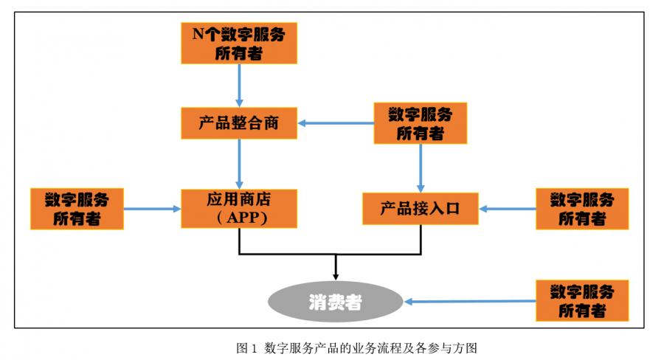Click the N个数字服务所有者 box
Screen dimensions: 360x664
tap(239, 43)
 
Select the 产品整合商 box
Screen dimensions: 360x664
tap(239, 123)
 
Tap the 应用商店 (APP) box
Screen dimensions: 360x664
tap(239, 208)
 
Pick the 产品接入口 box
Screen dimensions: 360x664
tap(421, 208)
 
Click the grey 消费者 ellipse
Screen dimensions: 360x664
tap(336, 301)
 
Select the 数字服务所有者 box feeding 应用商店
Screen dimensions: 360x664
tap(77, 208)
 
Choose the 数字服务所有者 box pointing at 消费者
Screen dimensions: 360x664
tap(583, 300)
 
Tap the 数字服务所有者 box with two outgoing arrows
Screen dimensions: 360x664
tap(421, 123)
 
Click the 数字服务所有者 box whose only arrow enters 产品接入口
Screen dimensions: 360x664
tap(583, 208)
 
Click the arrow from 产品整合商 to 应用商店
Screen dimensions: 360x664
tap(239, 163)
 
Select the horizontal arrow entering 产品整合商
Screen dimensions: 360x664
tap(336, 123)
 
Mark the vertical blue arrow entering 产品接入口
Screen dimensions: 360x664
tap(421, 167)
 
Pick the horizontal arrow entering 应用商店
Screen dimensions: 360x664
tap(152, 209)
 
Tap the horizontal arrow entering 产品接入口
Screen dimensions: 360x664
tap(508, 209)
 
